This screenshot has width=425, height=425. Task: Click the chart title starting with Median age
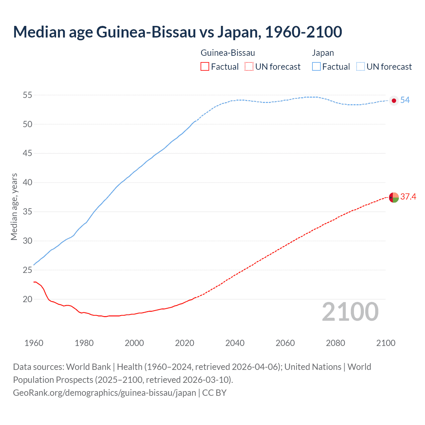click(x=177, y=32)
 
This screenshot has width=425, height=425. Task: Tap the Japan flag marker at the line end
click(x=394, y=101)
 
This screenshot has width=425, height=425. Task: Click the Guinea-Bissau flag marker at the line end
click(x=394, y=198)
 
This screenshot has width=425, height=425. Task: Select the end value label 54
click(x=405, y=100)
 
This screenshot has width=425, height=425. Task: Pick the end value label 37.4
click(x=408, y=197)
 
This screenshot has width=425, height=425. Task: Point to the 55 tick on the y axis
click(x=27, y=95)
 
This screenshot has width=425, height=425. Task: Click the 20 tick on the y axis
click(x=27, y=299)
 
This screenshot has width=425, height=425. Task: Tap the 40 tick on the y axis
click(x=27, y=183)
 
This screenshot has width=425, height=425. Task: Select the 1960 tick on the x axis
click(x=34, y=343)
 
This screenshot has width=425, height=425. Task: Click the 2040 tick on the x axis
click(x=235, y=343)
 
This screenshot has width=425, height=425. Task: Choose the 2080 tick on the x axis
click(x=335, y=343)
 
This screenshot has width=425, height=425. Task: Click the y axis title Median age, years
click(x=14, y=207)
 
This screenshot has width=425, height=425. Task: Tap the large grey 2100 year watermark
click(x=350, y=312)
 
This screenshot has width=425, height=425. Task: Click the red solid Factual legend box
click(x=205, y=67)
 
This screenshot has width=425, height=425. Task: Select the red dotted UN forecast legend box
click(x=249, y=67)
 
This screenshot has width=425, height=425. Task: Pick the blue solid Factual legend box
click(x=316, y=67)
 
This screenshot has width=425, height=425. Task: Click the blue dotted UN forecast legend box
click(x=360, y=67)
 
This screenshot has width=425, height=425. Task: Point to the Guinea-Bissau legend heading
click(x=228, y=53)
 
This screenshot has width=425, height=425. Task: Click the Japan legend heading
click(x=323, y=53)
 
